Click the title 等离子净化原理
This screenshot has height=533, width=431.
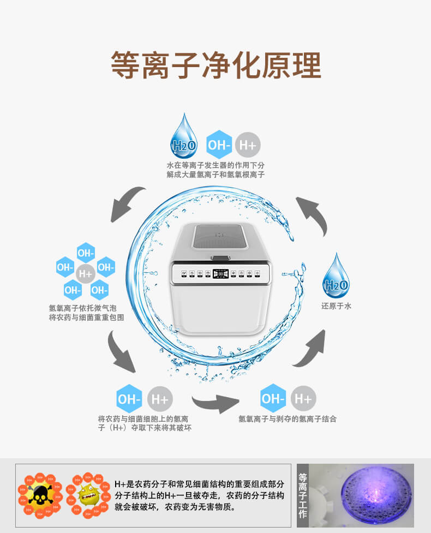pos(215,66)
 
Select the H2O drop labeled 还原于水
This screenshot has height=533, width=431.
pos(336,277)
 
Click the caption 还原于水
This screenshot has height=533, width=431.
pos(336,306)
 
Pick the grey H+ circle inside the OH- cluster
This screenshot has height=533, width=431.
pos(86,273)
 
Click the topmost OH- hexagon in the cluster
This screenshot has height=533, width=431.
pos(86,253)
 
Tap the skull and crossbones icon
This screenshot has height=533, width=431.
pos(38,495)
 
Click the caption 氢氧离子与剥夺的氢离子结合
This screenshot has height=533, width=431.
pos(288,419)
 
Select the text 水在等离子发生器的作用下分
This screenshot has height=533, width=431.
pos(215,165)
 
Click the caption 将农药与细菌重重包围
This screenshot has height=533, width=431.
pos(86,317)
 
